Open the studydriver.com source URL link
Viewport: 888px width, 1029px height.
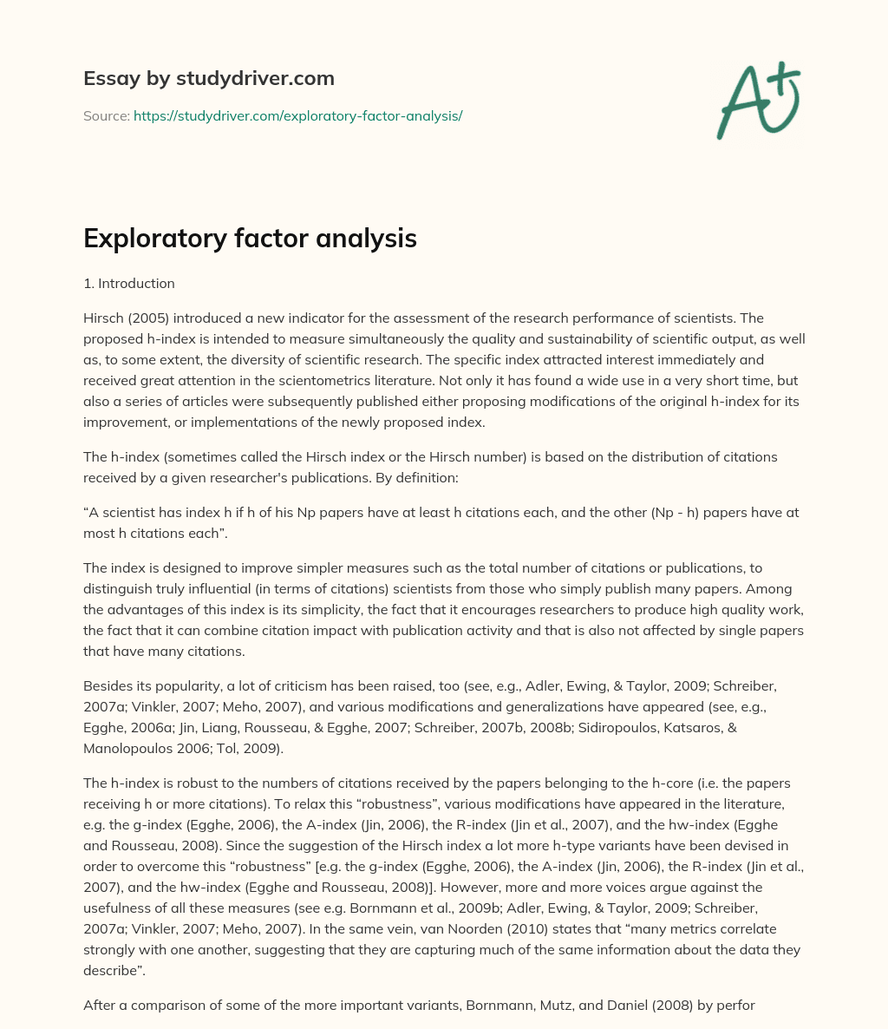click(x=297, y=115)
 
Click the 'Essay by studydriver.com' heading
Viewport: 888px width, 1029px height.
click(x=208, y=78)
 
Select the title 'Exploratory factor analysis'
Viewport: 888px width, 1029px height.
click(x=250, y=239)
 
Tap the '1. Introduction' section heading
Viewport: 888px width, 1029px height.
click(x=128, y=284)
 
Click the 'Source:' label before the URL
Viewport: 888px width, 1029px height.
click(x=107, y=115)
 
